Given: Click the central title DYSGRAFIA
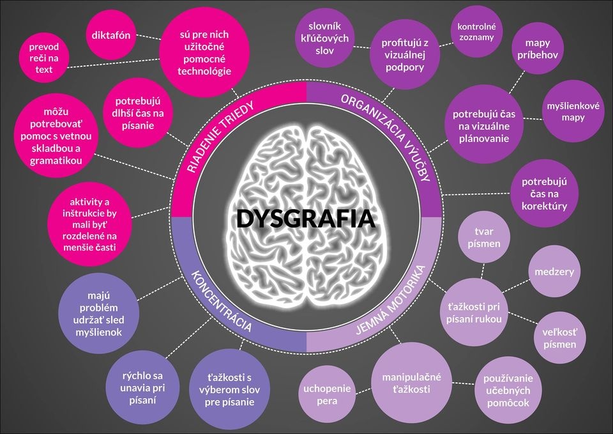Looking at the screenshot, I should tap(305, 219).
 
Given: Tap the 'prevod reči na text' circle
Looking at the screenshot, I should tap(44, 58).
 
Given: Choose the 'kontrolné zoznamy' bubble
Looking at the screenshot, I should tap(477, 32).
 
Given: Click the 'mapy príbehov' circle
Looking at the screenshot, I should tap(538, 49).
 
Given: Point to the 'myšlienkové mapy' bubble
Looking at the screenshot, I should tap(573, 111).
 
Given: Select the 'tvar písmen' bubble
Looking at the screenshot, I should tap(483, 238).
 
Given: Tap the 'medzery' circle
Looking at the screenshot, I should tap(556, 272).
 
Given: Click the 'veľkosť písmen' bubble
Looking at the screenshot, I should tap(559, 338).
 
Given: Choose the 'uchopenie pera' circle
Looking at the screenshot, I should tap(327, 394).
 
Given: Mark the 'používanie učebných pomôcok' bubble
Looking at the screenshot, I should tap(508, 390).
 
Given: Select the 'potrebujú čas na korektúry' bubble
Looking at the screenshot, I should tap(544, 193).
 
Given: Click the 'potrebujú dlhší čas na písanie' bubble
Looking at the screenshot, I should tap(138, 113).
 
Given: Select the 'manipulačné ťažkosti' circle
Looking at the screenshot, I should tap(411, 383).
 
